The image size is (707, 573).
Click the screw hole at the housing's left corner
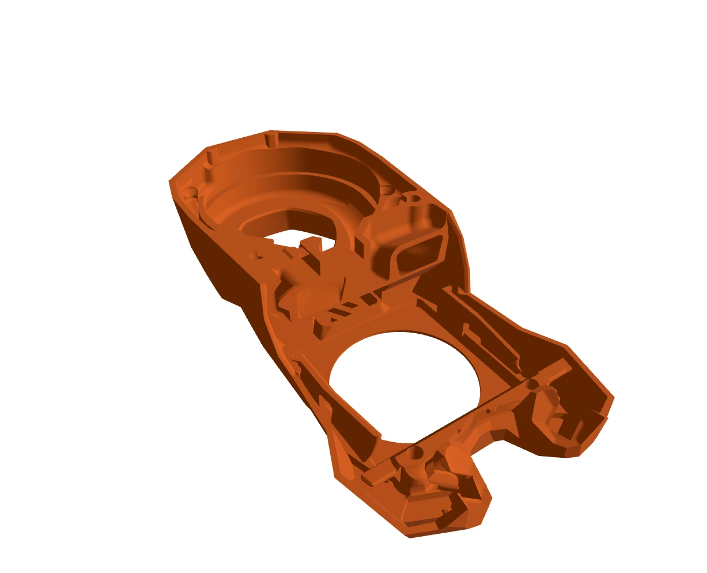[188, 190]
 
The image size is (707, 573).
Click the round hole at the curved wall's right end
[387, 190]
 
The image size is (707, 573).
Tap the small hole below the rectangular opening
[255, 254]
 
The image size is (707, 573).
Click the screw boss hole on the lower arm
[414, 455]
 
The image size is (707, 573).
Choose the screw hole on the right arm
[534, 383]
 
